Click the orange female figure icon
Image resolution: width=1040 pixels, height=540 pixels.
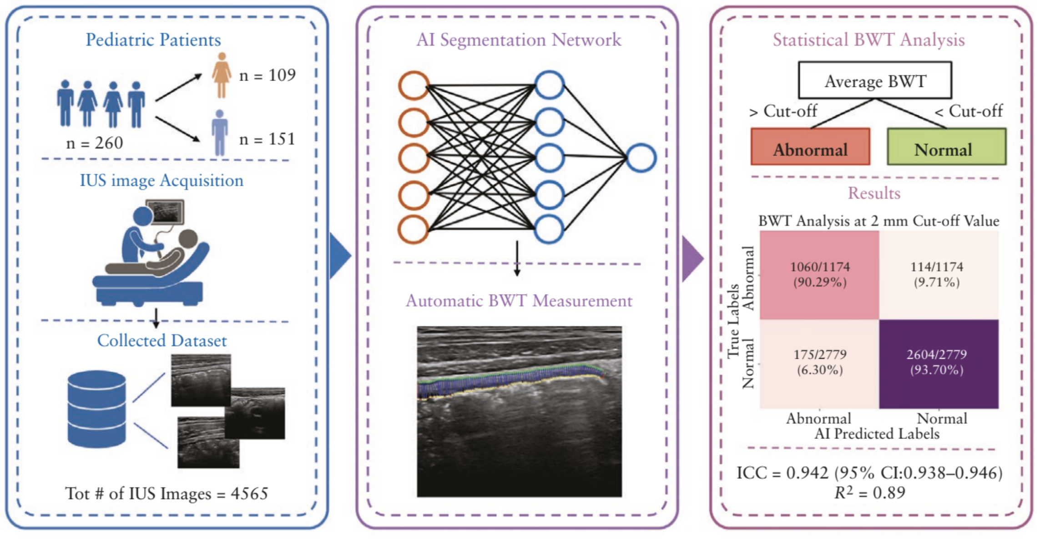(x=222, y=75)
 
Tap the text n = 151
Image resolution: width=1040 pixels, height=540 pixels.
(x=267, y=139)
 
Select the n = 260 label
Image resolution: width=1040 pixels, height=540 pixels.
(x=95, y=143)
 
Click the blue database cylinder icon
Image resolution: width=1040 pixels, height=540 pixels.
(x=96, y=409)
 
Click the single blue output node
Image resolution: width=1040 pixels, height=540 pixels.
(x=641, y=158)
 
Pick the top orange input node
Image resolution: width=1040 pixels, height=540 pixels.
(x=414, y=85)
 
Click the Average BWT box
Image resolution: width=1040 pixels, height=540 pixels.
(x=875, y=81)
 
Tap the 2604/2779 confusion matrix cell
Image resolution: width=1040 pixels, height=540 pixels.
(x=939, y=363)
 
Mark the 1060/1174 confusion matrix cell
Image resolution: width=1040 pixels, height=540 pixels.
(x=819, y=275)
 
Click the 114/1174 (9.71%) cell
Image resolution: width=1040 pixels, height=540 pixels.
(x=939, y=275)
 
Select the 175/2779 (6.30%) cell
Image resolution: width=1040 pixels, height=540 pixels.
(x=819, y=363)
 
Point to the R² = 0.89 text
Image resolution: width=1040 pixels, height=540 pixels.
(x=869, y=493)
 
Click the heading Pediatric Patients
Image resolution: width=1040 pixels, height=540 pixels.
(x=153, y=40)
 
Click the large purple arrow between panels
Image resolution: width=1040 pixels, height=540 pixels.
(x=692, y=258)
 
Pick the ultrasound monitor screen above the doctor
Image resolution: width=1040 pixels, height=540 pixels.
(x=168, y=212)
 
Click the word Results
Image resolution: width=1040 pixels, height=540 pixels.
(x=874, y=194)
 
